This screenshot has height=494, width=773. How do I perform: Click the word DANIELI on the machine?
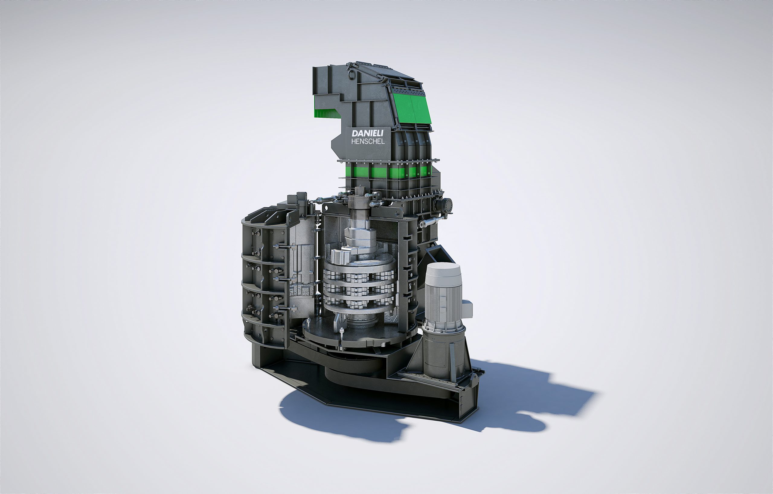point(367,133)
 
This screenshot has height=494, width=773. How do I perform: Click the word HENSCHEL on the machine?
point(368,142)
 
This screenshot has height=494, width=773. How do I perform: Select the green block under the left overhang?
point(326,113)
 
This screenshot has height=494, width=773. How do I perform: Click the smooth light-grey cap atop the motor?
point(443,274)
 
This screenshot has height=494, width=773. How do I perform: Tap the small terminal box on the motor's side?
point(467,309)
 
